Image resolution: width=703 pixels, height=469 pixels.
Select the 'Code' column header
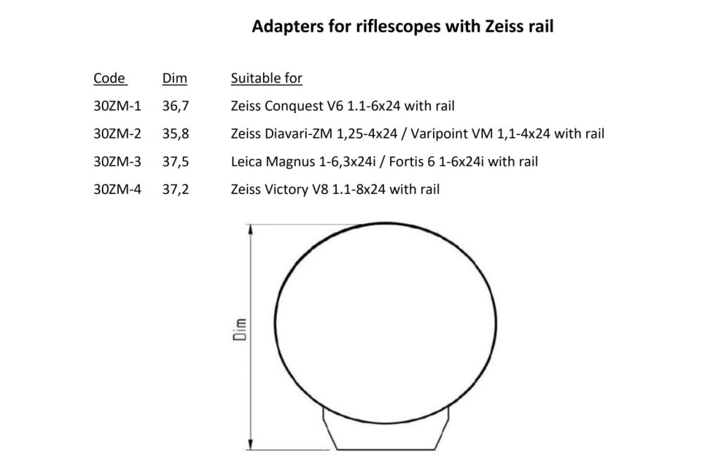coord(109,78)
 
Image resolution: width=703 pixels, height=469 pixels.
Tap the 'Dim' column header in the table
coord(174,78)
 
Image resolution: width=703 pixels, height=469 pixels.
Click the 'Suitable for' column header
coord(266,78)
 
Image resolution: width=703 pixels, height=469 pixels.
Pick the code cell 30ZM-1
coord(117,106)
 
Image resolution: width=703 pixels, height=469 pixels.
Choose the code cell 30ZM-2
coord(117,134)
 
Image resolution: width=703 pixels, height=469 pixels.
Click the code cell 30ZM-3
coord(117,162)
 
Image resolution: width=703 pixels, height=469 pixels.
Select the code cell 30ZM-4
coord(117,189)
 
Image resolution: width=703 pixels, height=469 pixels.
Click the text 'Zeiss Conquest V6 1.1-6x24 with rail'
coord(342,106)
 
